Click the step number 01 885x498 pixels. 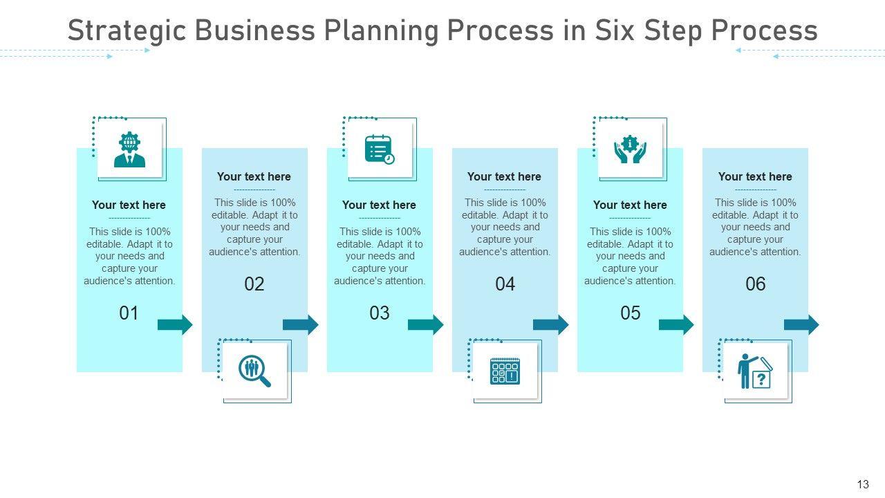click(129, 313)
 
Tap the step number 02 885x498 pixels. click(254, 284)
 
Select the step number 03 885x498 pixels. click(380, 313)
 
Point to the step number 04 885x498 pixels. click(505, 284)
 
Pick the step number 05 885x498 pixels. click(631, 313)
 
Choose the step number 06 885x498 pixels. click(756, 284)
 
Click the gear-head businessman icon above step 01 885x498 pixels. click(129, 150)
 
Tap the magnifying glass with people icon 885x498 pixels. click(254, 371)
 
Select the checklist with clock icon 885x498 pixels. click(380, 149)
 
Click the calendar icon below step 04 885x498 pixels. click(505, 371)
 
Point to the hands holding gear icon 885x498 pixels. click(630, 149)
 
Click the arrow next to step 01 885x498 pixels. click(175, 324)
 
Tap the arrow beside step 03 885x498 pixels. click(425, 324)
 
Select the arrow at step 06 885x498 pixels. click(801, 324)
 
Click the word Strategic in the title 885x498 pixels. click(127, 30)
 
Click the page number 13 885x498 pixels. click(862, 484)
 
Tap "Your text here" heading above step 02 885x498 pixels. click(254, 176)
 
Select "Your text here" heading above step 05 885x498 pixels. click(630, 205)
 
